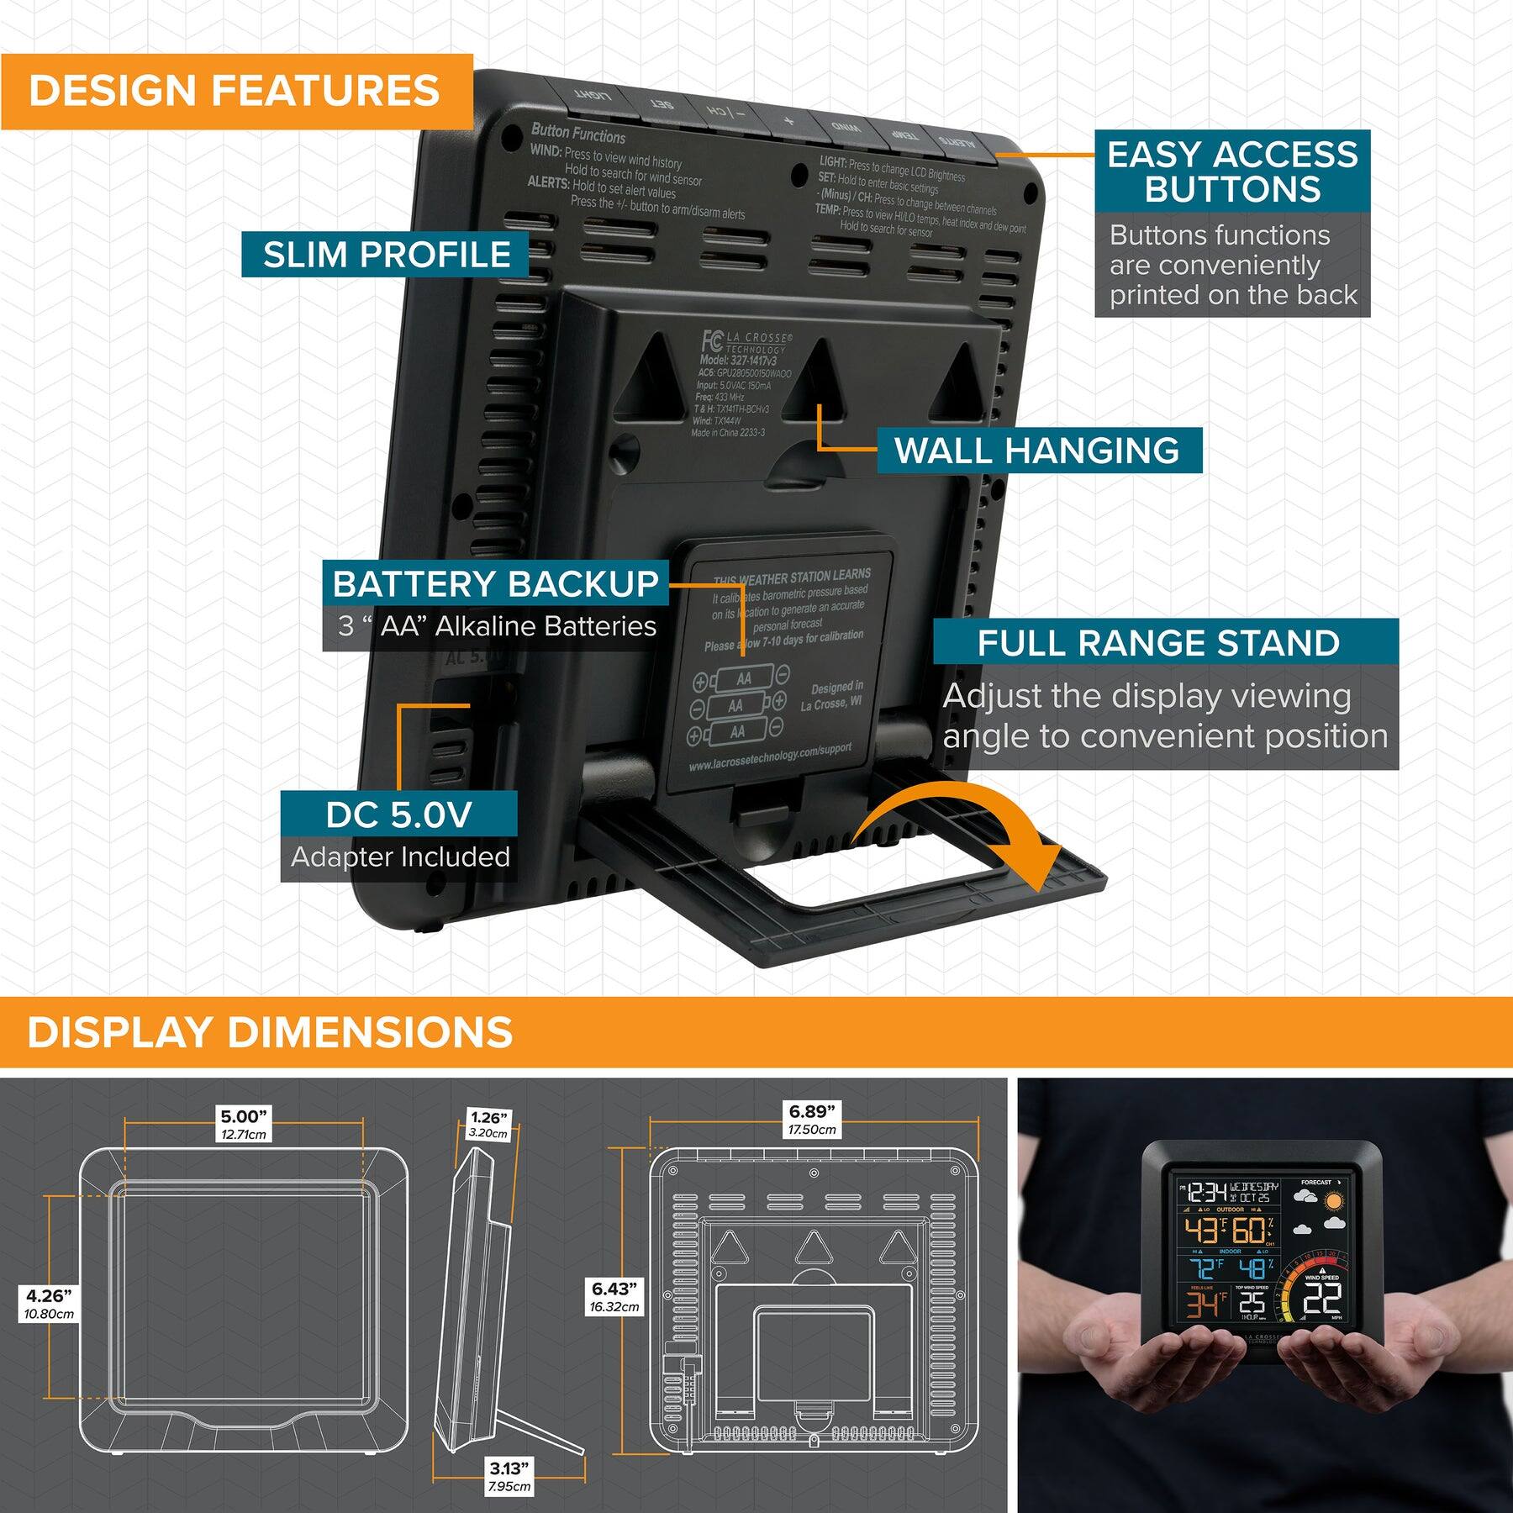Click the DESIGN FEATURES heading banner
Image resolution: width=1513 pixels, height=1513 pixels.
coord(235,91)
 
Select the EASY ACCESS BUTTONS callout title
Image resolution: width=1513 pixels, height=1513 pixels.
coord(1232,171)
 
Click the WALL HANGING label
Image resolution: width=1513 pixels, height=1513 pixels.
coord(1037,451)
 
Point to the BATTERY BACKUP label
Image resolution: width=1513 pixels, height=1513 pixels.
coord(496,583)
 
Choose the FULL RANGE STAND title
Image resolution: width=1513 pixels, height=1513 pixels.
coord(1158,643)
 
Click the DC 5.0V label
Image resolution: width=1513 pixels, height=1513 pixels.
coord(398,814)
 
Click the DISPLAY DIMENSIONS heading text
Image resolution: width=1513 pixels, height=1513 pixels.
coord(270,1032)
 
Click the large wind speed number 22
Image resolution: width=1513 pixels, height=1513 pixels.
coord(1321,1301)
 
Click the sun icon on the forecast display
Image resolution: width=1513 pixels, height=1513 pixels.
coord(1332,1202)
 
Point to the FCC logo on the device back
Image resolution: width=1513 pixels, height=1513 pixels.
coord(711,340)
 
